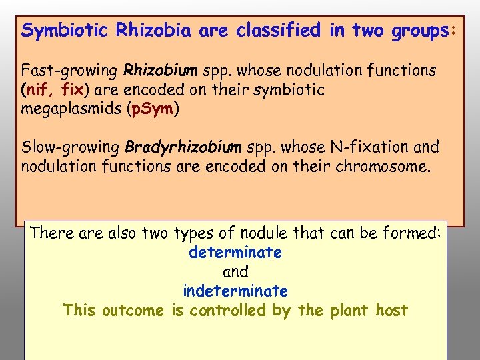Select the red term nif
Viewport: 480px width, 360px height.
tap(39, 89)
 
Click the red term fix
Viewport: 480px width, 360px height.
tap(73, 89)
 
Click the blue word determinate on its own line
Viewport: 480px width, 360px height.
tap(235, 253)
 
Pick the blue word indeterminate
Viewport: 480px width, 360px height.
tap(235, 291)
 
